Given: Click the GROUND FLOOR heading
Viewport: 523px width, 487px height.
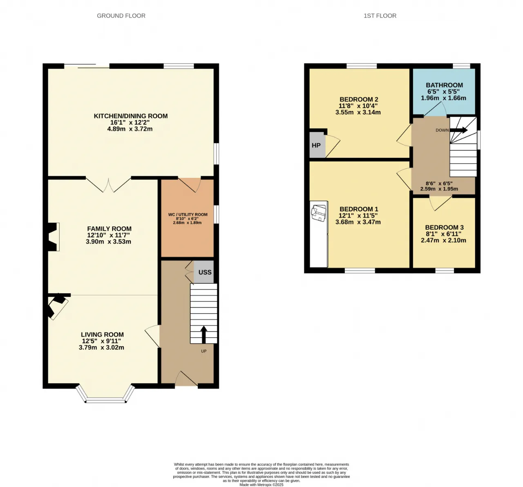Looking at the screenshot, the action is [x=121, y=16].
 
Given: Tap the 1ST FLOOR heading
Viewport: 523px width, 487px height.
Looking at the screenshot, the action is [x=380, y=16].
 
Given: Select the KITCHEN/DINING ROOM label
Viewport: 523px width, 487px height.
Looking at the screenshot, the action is [x=131, y=116].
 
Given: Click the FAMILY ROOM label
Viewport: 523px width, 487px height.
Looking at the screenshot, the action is [x=109, y=228].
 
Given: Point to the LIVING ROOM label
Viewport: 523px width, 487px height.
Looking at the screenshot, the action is [x=102, y=334].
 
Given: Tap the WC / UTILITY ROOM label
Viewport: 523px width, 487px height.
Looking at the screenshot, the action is [x=188, y=215].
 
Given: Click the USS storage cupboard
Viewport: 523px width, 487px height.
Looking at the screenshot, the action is [x=204, y=272].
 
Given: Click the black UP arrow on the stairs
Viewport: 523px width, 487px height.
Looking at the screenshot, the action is [x=203, y=334].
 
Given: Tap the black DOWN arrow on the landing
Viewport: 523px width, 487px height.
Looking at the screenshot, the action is [x=458, y=130].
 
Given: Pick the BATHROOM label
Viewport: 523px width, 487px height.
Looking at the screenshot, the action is [x=444, y=85].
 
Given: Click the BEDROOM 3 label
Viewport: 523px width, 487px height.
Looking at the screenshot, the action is [x=444, y=228].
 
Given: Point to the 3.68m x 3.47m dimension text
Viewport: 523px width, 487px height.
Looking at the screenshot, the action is [x=358, y=222].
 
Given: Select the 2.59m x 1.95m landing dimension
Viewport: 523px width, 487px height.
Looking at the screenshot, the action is [x=439, y=189].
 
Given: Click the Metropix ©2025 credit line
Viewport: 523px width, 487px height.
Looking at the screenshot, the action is [x=261, y=485].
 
